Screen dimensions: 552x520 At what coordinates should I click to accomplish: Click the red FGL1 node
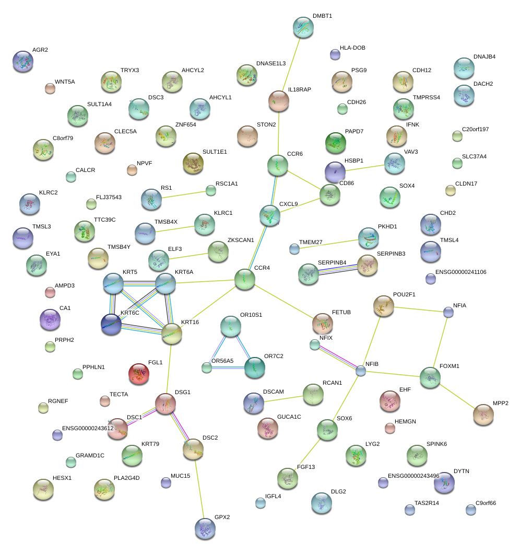(138, 374)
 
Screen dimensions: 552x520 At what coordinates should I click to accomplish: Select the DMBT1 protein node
(303, 27)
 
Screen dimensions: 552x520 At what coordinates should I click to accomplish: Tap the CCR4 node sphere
(244, 280)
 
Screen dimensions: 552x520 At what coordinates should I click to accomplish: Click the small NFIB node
(361, 371)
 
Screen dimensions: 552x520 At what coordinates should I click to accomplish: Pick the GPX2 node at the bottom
(204, 528)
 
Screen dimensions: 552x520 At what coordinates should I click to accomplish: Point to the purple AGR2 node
(22, 61)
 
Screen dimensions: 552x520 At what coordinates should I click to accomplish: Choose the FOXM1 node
(430, 377)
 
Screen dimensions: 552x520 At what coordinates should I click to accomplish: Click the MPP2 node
(483, 414)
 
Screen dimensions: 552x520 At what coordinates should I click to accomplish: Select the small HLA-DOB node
(335, 54)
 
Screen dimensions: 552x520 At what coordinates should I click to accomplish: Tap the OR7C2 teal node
(255, 367)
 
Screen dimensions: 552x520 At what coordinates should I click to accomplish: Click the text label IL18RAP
(300, 90)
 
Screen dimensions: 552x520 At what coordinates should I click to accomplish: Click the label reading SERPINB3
(391, 254)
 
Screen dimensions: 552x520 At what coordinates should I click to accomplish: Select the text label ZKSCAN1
(241, 240)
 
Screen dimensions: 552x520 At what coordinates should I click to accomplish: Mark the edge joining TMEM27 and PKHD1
(326, 244)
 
